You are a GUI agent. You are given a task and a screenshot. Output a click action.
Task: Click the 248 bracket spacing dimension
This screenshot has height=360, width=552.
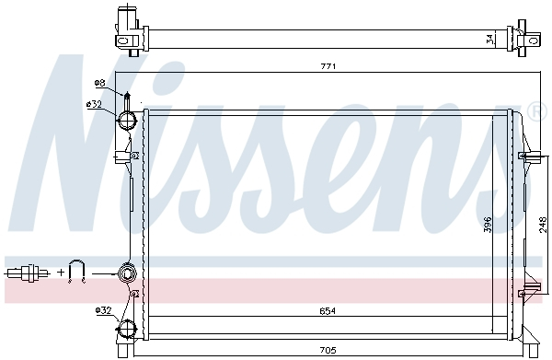click(543, 223)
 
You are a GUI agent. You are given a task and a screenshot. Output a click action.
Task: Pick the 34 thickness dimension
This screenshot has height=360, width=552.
click(489, 39)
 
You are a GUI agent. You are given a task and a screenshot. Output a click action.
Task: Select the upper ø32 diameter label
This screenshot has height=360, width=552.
click(94, 104)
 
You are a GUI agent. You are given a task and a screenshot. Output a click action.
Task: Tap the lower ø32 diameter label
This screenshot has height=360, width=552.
click(103, 310)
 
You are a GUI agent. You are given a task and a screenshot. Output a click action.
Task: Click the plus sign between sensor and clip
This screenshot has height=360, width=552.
click(60, 273)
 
